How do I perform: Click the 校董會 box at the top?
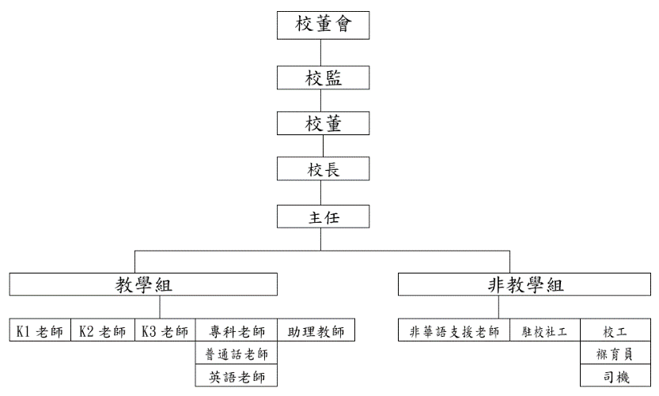[x=323, y=25]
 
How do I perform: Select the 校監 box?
[x=323, y=77]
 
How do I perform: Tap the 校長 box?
[x=323, y=169]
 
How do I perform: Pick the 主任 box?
[x=323, y=217]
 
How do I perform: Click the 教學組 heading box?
[x=143, y=285]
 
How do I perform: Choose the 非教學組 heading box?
[x=525, y=285]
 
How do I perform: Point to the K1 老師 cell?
[x=40, y=330]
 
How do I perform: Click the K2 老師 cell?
[x=103, y=330]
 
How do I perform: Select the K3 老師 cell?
[x=165, y=330]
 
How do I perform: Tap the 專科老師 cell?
[x=237, y=330]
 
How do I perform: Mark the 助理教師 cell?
[x=316, y=330]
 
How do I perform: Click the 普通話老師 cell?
[x=237, y=353]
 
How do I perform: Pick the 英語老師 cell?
[x=237, y=375]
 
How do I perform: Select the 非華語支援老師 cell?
[x=454, y=330]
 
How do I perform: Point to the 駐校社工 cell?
[x=545, y=330]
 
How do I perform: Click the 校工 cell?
[x=615, y=330]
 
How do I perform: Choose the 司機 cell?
[x=615, y=375]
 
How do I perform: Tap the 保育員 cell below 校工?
[x=615, y=353]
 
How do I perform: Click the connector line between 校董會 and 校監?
[x=321, y=52]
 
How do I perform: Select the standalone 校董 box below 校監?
[x=323, y=123]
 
